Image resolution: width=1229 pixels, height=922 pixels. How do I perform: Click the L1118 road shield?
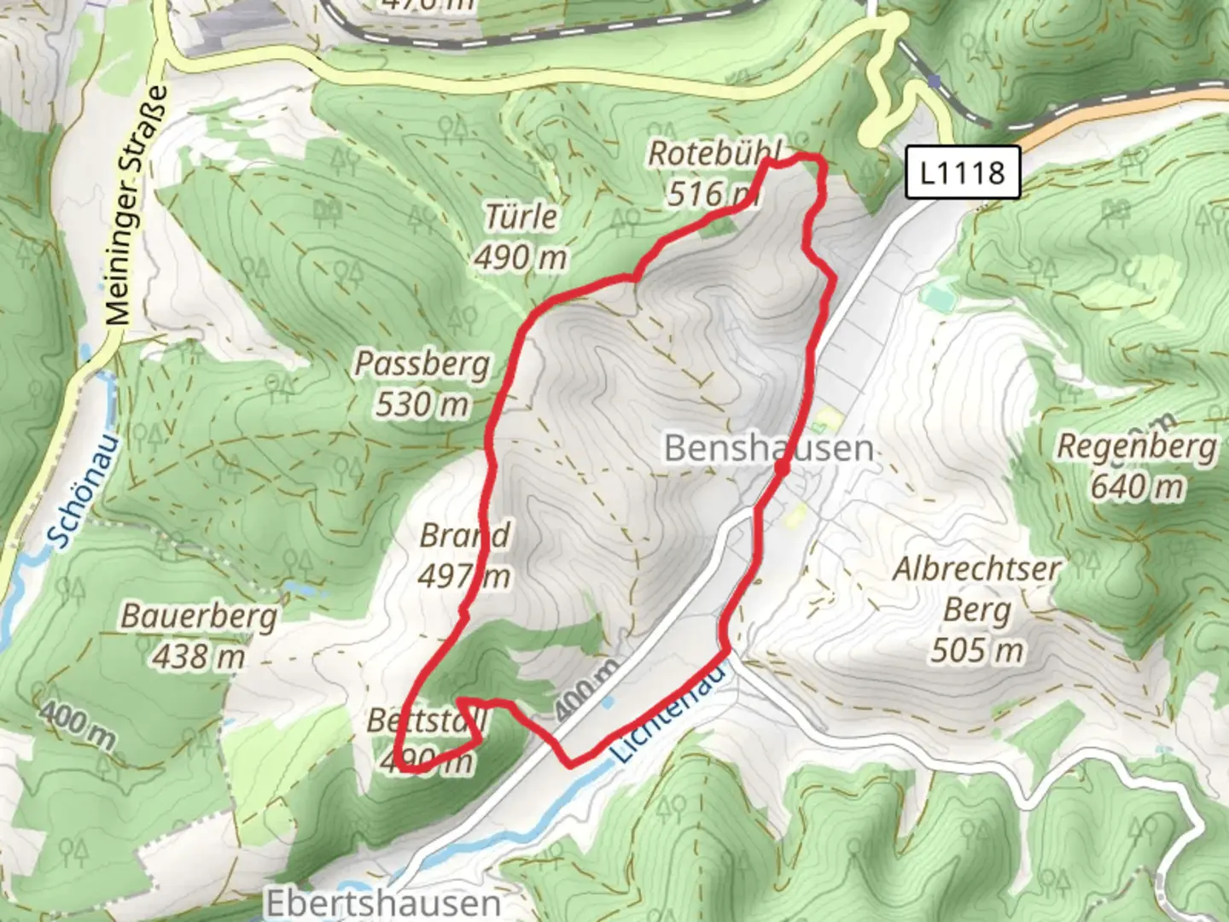pos(963,173)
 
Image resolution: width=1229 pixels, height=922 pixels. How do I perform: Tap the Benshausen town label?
pos(768,448)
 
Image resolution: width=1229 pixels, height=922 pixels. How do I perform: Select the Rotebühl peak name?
pos(714,154)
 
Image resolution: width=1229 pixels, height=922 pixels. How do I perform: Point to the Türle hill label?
pos(521,217)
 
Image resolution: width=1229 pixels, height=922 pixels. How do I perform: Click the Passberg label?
pos(422,365)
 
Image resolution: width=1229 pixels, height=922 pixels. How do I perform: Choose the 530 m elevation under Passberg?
pos(422,404)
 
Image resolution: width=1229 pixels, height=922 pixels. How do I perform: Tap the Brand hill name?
pos(464,536)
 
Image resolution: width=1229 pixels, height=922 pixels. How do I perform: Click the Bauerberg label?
pos(199,616)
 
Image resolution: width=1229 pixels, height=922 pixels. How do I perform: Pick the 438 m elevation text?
pos(199,656)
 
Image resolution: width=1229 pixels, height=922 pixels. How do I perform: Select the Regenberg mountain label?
pos(1137,446)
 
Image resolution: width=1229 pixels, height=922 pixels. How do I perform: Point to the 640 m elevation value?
pos(1137,487)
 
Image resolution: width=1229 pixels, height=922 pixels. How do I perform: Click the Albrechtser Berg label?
pos(977,589)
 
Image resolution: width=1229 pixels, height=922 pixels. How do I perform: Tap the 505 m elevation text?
pos(977,651)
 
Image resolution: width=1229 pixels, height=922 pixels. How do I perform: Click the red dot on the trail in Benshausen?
pos(782,468)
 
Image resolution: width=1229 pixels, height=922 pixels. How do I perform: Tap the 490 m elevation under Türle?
pos(521,256)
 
